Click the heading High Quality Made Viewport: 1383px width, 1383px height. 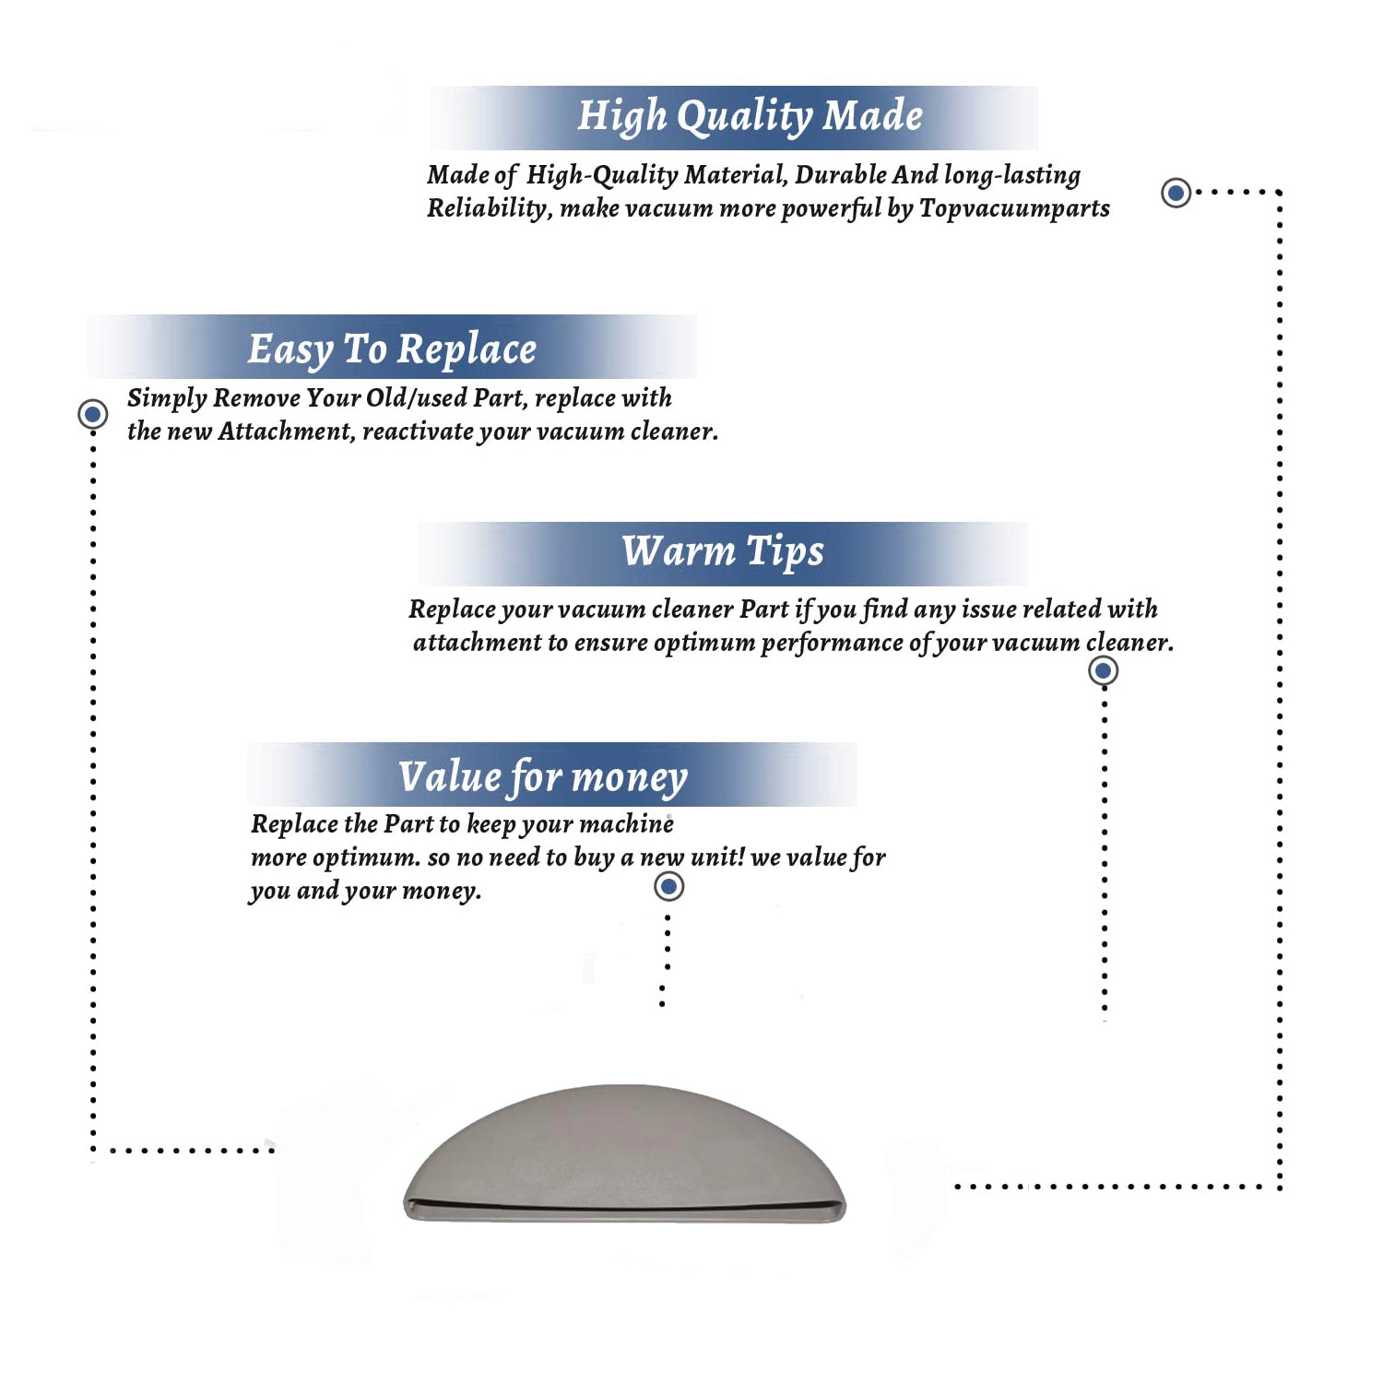coord(750,117)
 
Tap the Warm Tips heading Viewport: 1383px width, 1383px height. coord(723,552)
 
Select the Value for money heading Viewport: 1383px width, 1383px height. coord(543,777)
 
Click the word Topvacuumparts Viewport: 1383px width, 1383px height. coord(1014,209)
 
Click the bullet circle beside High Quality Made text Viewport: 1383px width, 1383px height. coord(1176,193)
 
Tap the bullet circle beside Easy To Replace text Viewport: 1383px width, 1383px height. coord(92,414)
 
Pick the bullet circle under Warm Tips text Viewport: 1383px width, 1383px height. coord(1103,670)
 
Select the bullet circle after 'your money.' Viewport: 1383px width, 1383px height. coord(668,887)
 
